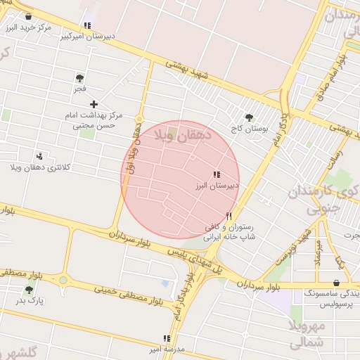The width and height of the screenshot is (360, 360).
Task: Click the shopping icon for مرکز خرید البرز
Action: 28,16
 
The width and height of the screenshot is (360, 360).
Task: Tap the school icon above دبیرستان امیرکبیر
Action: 87,25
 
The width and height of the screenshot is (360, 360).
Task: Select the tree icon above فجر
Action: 79,78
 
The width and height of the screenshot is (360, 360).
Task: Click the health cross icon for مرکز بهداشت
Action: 94,104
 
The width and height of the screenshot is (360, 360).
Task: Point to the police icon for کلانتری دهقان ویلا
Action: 39,156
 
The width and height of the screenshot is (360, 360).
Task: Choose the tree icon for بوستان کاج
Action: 248,118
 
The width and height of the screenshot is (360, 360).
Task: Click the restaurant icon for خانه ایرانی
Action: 229,217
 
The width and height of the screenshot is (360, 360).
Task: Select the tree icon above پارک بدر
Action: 29,290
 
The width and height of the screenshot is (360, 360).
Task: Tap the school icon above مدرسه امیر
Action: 167,338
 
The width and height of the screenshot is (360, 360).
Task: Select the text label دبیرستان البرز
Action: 218,186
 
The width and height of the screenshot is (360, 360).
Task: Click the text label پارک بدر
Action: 31,301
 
